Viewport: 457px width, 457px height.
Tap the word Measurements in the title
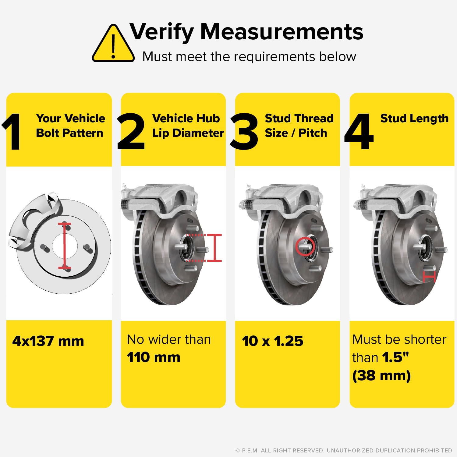(282, 32)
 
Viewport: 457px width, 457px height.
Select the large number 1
(12, 132)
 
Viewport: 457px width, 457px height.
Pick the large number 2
(131, 132)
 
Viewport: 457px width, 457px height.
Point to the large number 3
(244, 132)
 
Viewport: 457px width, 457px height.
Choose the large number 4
(359, 132)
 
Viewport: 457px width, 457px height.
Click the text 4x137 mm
(48, 341)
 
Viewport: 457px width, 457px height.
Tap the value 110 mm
(154, 357)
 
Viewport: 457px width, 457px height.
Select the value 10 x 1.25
(273, 341)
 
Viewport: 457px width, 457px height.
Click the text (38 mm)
(381, 375)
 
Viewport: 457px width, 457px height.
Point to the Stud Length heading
(414, 118)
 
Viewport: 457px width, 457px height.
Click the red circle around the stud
(305, 246)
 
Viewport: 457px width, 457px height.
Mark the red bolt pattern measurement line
(65, 246)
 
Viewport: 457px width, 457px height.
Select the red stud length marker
(429, 277)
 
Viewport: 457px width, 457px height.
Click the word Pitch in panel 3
(313, 133)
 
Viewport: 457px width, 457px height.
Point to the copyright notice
(344, 450)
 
